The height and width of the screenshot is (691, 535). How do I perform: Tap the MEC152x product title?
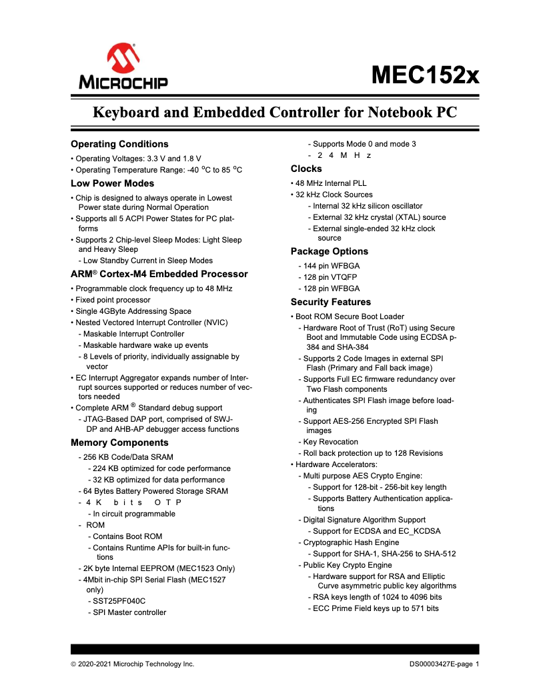tap(425, 74)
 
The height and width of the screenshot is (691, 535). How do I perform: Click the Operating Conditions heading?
tap(119, 144)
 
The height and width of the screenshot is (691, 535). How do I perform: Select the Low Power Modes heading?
tap(112, 183)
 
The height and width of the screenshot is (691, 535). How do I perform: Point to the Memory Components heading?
tap(119, 442)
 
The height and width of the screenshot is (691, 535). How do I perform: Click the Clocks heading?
tap(306, 169)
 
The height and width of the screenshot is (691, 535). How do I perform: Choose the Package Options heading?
tap(329, 251)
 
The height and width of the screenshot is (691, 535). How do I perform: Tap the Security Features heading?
tap(331, 302)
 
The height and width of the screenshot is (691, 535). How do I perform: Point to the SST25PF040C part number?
tap(119, 601)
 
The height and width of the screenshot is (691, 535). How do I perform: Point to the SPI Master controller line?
tap(129, 612)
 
